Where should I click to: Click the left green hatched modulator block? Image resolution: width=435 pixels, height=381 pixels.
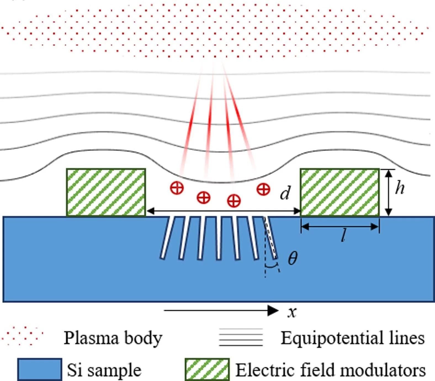(x=106, y=192)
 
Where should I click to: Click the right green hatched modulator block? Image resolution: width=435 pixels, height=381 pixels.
(x=339, y=192)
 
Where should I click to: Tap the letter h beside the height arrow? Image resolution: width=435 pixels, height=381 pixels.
(x=400, y=189)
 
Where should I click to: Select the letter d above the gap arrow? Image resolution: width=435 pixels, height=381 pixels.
(x=285, y=193)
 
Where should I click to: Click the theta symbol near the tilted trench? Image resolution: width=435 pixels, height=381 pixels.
(x=293, y=259)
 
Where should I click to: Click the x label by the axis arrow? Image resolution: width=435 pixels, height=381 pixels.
(x=292, y=312)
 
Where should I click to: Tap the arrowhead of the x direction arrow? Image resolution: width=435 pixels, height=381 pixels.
(x=273, y=310)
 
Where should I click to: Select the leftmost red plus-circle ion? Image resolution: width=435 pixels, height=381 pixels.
(x=177, y=188)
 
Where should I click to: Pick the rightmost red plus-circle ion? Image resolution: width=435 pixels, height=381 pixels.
(x=263, y=189)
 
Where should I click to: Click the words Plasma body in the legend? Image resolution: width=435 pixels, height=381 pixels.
(x=113, y=338)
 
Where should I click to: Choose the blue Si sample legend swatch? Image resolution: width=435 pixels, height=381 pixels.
(x=39, y=369)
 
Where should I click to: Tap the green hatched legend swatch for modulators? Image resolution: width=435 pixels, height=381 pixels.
(x=207, y=369)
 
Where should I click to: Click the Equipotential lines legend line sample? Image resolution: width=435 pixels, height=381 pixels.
(x=241, y=337)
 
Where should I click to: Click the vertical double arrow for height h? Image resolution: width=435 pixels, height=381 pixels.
(x=388, y=192)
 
